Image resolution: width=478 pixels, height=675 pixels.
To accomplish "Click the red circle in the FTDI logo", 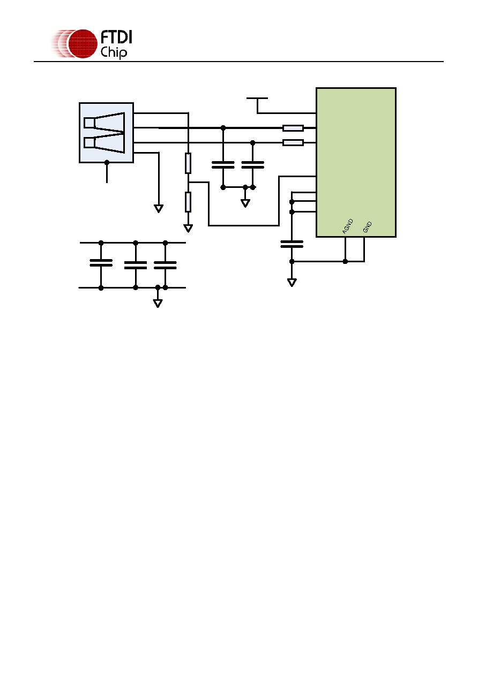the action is click(83, 44).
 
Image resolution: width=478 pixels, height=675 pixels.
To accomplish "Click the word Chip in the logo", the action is click(114, 52).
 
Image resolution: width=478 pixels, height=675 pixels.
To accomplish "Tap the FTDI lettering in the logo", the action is click(116, 37).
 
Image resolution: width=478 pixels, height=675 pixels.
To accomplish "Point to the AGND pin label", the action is click(347, 226).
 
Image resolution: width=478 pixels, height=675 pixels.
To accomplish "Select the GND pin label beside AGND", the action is click(367, 227).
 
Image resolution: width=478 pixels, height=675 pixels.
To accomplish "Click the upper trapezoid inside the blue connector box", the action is click(104, 123).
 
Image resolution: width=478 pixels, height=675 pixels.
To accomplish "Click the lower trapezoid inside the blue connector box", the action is click(104, 143).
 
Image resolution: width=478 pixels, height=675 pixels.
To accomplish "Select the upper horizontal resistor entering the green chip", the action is click(293, 128).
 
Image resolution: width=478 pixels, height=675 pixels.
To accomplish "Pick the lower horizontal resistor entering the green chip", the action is click(293, 142).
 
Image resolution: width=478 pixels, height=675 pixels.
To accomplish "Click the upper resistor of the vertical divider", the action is click(188, 163).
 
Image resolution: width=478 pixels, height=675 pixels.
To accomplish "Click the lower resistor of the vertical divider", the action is click(188, 202).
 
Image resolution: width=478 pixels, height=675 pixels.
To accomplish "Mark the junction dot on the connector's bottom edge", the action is click(107, 162).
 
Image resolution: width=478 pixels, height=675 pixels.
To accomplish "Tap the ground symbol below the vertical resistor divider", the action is click(188, 229).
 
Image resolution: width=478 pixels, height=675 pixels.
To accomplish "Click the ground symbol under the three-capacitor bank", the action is click(158, 303).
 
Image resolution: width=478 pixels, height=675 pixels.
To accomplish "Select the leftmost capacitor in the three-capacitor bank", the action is click(101, 263).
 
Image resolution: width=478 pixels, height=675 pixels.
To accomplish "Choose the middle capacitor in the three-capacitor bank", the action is click(136, 265).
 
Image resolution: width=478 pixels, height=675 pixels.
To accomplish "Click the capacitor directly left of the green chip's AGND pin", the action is click(292, 244).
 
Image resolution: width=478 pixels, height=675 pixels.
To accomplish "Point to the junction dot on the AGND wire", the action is click(345, 261).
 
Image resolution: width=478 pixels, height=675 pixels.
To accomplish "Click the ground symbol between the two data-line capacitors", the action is click(245, 203).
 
